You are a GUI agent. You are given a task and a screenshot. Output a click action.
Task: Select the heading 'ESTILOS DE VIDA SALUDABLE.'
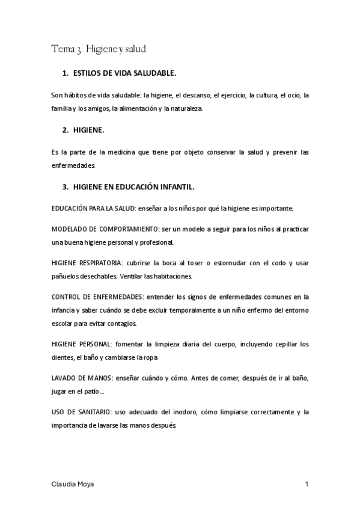[124, 73]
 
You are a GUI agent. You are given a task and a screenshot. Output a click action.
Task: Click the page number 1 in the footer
[307, 484]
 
